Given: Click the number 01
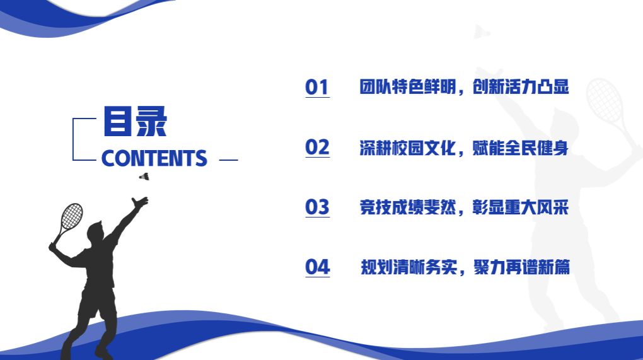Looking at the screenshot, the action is pos(317,88).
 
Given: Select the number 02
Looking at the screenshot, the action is pos(317,148).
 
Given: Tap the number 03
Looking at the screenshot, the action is pos(317,207).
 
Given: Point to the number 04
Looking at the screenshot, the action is pos(317,267).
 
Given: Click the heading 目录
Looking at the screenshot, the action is pos(135,122).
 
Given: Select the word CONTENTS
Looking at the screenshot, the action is pos(154,158).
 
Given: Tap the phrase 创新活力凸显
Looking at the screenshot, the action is pos(521,87).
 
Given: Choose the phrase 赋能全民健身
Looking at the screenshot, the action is pos(521,148).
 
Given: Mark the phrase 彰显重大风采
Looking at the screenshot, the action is pos(521,207).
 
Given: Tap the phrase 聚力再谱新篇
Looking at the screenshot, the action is pos(521,267).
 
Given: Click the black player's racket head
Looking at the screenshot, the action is pos(72,216).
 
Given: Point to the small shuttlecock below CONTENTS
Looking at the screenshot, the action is pos(144,177).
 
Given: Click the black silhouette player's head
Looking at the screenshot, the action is pos(95,232).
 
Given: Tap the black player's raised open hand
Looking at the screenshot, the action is pos(140,202).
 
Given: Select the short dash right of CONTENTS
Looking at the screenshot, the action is pos(228,160).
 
